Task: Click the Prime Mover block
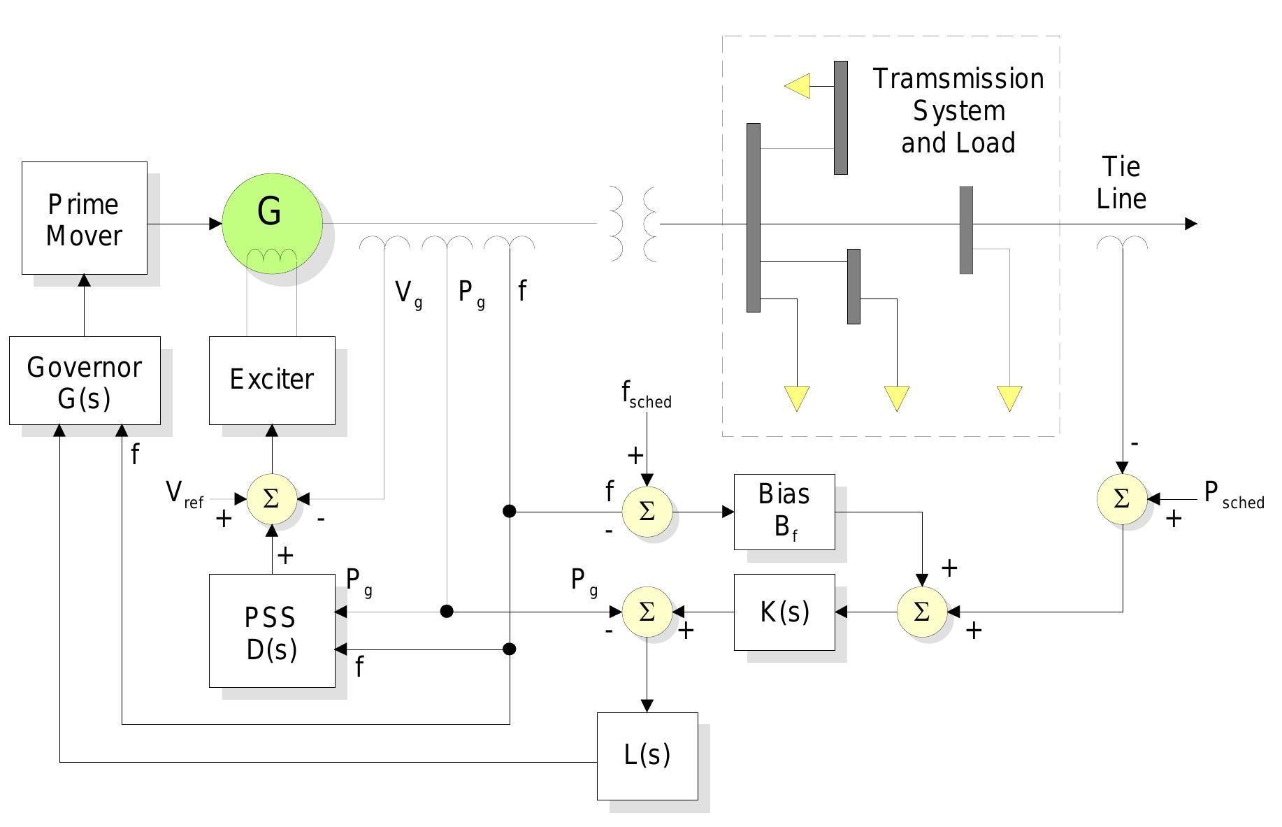[x=84, y=218]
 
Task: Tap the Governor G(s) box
[x=85, y=380]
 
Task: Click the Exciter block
[x=272, y=380]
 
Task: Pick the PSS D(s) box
[x=272, y=631]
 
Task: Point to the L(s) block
[x=647, y=756]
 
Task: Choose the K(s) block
[x=784, y=612]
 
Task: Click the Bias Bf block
[x=784, y=512]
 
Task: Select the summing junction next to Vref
[x=272, y=499]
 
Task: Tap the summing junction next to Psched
[x=1121, y=499]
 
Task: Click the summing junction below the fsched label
[x=647, y=512]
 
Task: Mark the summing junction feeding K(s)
[x=922, y=612]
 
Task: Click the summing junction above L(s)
[x=647, y=612]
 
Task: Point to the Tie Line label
[x=1121, y=183]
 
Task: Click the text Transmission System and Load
[x=958, y=111]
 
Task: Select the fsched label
[x=646, y=396]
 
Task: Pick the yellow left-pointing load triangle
[x=798, y=86]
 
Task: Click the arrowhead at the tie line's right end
[x=1191, y=224]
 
